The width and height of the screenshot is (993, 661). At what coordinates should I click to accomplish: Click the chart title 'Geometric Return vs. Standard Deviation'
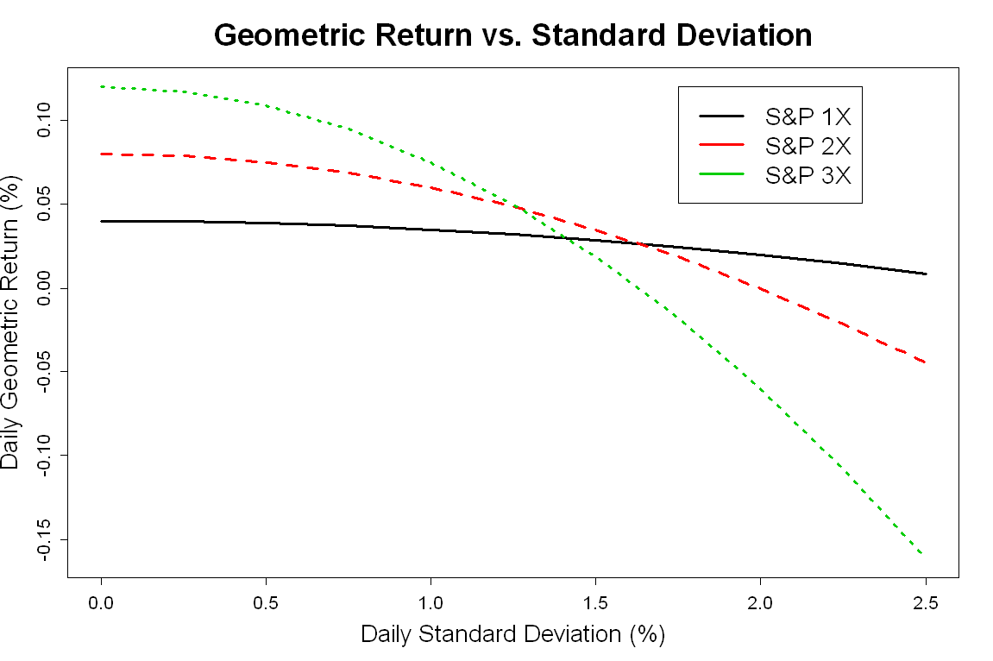[513, 35]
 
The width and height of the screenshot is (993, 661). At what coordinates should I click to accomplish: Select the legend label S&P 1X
[808, 116]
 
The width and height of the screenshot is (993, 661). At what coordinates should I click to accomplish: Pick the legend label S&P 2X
[808, 146]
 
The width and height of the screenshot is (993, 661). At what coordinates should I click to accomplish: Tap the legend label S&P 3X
[808, 175]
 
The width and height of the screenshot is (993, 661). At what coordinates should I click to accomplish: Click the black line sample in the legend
[721, 116]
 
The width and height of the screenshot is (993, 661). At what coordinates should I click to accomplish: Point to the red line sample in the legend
[721, 145]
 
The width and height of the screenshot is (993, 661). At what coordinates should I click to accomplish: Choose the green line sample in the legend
[721, 174]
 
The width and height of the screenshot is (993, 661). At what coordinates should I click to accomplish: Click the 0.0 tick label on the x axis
[101, 602]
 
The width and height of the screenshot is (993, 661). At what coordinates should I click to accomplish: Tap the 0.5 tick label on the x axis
[266, 602]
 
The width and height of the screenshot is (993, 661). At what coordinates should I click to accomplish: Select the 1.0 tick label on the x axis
[431, 602]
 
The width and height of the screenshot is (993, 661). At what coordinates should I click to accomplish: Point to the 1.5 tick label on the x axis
[595, 602]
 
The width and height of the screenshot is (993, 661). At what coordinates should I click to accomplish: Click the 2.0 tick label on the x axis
[760, 602]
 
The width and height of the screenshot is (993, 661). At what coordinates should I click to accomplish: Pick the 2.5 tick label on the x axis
[926, 602]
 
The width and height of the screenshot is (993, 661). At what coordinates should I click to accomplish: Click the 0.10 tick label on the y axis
[44, 120]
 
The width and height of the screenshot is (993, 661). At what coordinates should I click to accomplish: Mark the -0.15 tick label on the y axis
[44, 539]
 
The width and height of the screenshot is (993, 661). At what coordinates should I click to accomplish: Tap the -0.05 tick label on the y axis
[44, 372]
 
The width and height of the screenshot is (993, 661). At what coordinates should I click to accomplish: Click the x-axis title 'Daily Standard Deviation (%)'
[513, 633]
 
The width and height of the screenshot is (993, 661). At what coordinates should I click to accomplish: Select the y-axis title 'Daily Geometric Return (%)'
[10, 322]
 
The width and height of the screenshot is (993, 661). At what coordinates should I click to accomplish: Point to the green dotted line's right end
[922, 554]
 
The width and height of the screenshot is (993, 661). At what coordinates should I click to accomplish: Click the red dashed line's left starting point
[101, 154]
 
